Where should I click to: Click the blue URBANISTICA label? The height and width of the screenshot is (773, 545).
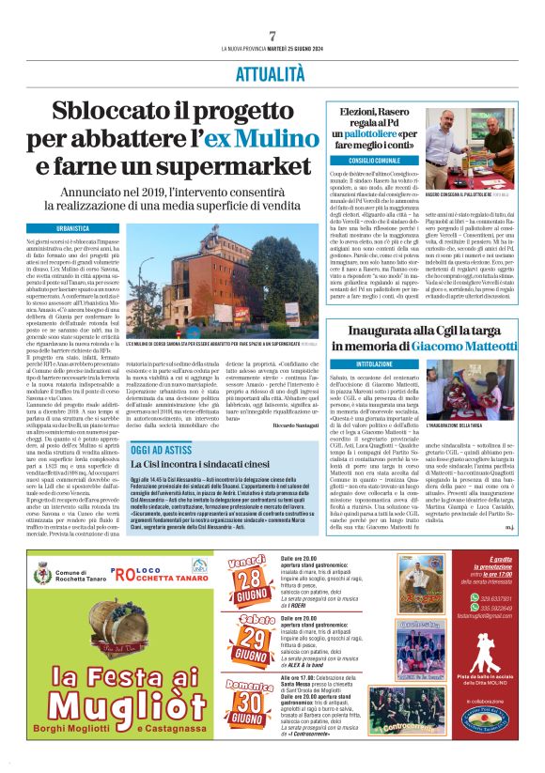(73, 228)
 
